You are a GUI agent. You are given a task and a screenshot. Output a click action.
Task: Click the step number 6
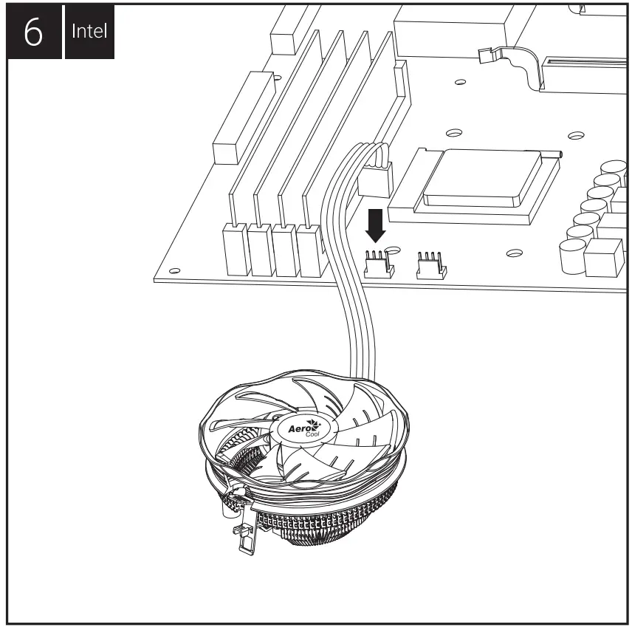click(x=33, y=30)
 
